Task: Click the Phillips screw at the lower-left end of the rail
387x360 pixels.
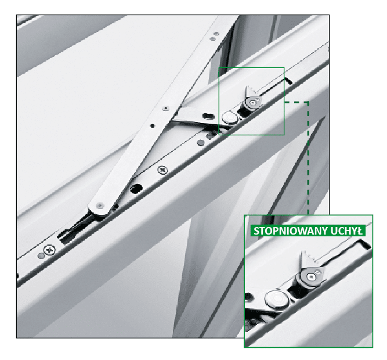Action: coord(50,250)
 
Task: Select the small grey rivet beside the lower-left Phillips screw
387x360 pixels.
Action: coord(41,255)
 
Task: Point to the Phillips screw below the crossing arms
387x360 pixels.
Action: coord(162,170)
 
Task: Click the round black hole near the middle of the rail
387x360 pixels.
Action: coord(136,189)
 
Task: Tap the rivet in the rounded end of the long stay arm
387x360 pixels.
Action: coord(99,206)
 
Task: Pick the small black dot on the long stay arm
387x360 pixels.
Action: coord(153,126)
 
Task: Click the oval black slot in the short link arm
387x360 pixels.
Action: coord(208,116)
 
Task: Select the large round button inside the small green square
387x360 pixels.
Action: coord(229,117)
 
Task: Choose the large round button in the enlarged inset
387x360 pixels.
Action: coord(276,300)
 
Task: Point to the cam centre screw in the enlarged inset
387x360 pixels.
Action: coord(312,278)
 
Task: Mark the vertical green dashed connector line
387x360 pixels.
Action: coord(308,158)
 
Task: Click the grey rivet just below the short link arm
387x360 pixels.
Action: coord(200,142)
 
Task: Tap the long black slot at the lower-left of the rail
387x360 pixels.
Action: coord(74,229)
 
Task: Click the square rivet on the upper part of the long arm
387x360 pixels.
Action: coord(165,108)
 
